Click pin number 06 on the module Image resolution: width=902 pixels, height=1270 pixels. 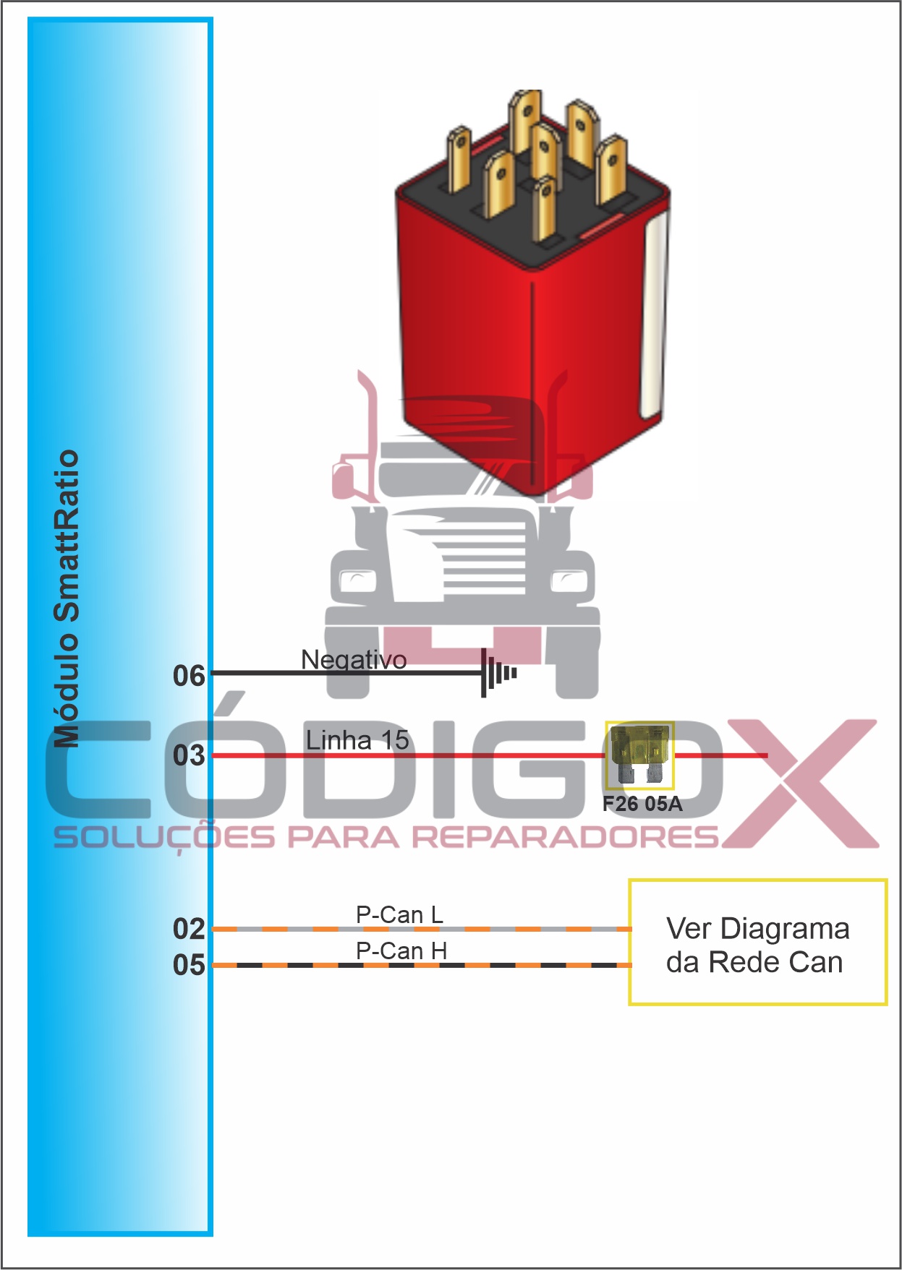pyautogui.click(x=189, y=676)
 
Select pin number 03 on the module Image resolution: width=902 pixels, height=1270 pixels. pyautogui.click(x=189, y=755)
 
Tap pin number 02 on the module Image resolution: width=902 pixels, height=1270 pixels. pyautogui.click(x=189, y=929)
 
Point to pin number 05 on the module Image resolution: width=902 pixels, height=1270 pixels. pyautogui.click(x=189, y=965)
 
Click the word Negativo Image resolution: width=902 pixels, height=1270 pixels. pyautogui.click(x=354, y=659)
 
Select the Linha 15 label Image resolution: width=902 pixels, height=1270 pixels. pyautogui.click(x=357, y=740)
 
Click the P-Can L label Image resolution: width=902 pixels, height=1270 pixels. pyautogui.click(x=399, y=914)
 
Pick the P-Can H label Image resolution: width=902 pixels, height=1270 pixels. pyautogui.click(x=401, y=951)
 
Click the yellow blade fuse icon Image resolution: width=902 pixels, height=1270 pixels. pyautogui.click(x=639, y=755)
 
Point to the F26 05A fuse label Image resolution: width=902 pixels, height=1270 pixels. pyautogui.click(x=642, y=804)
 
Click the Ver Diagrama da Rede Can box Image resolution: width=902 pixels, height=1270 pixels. pyautogui.click(x=757, y=942)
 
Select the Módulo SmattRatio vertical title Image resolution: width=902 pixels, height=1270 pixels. pyautogui.click(x=67, y=598)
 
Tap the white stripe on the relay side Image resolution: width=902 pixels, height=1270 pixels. pyautogui.click(x=653, y=318)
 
